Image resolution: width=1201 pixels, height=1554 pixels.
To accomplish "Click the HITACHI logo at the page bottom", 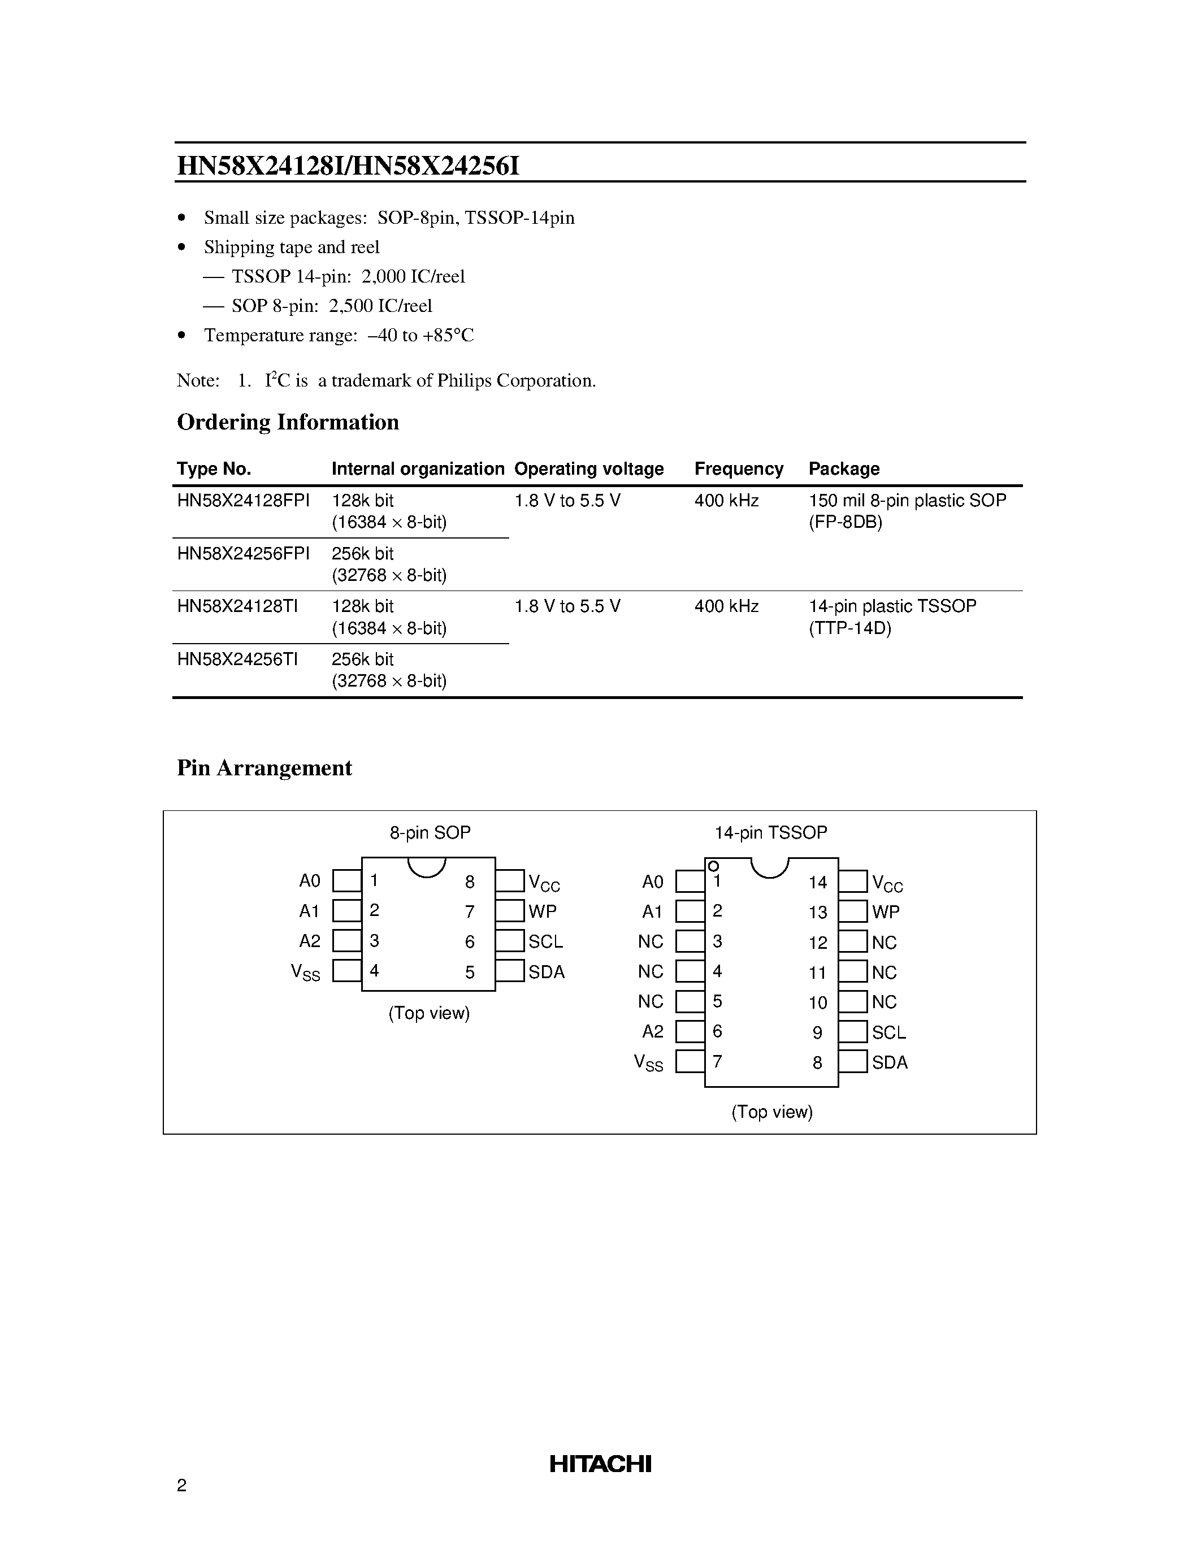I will (x=600, y=1464).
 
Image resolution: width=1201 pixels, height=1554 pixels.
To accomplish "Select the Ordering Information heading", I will (x=288, y=422).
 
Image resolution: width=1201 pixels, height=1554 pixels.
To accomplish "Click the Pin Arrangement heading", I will (x=264, y=768).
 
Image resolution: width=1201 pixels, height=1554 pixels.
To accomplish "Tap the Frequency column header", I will (x=739, y=469).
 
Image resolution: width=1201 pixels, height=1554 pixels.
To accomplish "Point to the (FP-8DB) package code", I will (x=846, y=522).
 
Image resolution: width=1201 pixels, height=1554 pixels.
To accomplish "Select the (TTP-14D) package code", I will (x=849, y=628).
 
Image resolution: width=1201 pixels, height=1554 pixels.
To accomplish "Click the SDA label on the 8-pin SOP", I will (x=547, y=972).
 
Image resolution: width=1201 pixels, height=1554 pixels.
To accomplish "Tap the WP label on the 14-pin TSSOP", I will (x=886, y=912).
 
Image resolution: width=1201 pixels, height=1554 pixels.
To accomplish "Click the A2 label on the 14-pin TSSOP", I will (x=652, y=1032).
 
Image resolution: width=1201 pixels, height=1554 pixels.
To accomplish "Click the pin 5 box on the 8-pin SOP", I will (x=509, y=971).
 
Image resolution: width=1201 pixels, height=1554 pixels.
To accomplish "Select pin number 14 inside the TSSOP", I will (x=817, y=883).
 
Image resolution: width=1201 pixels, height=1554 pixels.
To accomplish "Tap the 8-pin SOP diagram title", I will (x=430, y=832).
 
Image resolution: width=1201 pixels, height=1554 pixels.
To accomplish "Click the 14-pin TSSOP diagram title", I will (x=770, y=832).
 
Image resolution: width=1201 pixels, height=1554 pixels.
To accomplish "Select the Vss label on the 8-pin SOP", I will (x=305, y=972).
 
